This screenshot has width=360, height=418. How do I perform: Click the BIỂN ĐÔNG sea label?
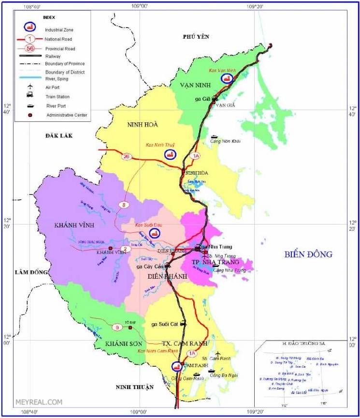(308, 254)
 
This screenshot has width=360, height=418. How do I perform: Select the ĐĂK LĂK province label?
(59, 136)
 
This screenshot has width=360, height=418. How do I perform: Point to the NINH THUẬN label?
(134, 387)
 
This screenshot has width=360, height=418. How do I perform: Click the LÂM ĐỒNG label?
(32, 272)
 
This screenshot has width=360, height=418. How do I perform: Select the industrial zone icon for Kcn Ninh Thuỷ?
(170, 154)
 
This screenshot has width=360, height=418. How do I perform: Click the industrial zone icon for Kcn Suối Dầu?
(155, 233)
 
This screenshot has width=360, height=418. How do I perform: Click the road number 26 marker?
(127, 156)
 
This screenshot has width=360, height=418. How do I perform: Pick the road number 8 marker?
(124, 205)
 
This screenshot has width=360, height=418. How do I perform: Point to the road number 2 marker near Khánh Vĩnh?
(125, 249)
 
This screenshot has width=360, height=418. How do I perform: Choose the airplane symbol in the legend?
(30, 87)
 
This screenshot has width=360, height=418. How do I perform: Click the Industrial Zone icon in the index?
(30, 27)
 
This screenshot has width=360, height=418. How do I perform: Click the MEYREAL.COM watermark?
(45, 402)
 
